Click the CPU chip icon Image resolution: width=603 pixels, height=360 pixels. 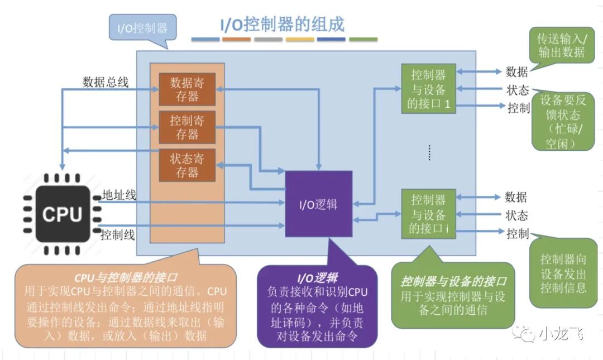point(62,213)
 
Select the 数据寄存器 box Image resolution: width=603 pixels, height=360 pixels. point(187,89)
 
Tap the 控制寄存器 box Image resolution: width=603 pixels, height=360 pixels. point(187,127)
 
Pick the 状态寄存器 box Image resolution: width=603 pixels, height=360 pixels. point(187,165)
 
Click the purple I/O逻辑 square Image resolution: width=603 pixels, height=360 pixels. point(318,204)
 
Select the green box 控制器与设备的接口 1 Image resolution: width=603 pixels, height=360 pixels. point(428,89)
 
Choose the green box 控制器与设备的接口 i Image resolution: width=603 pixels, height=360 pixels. point(428,214)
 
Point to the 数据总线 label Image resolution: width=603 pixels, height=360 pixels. point(106,82)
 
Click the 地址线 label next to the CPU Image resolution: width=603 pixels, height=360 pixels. point(119,195)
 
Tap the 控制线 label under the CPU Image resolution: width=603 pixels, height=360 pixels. point(118,234)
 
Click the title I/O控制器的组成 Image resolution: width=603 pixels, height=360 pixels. point(281,25)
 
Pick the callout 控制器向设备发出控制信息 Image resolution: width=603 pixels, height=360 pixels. point(563,273)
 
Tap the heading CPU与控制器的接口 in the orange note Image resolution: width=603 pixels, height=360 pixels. point(126,277)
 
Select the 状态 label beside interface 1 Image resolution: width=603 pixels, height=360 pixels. point(516,90)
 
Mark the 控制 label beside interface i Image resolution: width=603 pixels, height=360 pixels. point(517,233)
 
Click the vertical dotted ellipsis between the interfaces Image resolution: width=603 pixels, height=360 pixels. point(429,152)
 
